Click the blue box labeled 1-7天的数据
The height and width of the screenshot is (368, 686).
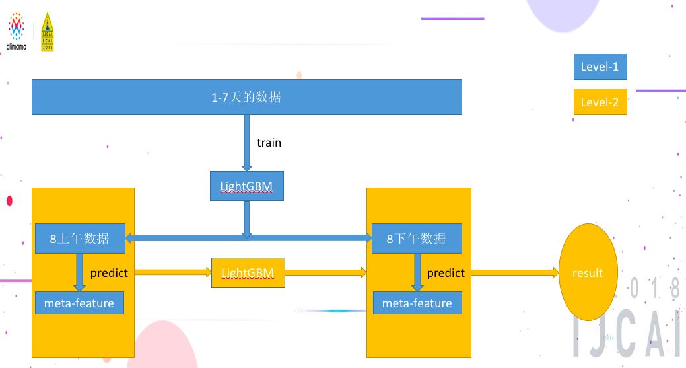(246, 97)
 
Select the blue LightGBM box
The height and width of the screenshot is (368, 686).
(247, 186)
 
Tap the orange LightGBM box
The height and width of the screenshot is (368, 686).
(248, 272)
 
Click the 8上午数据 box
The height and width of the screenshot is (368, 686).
(80, 239)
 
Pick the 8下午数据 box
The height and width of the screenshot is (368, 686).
(416, 239)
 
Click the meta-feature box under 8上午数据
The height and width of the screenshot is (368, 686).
(79, 303)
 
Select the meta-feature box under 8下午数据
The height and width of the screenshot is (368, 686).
(417, 303)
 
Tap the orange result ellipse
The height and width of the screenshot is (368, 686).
(588, 272)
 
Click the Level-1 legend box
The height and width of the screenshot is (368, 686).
(600, 66)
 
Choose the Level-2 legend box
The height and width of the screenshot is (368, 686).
(600, 102)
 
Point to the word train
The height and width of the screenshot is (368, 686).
(269, 142)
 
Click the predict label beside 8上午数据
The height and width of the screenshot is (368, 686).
(109, 272)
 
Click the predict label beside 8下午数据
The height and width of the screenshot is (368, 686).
(446, 272)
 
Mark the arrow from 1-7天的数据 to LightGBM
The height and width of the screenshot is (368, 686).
(247, 143)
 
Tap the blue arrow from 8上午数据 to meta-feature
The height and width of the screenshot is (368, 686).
(80, 272)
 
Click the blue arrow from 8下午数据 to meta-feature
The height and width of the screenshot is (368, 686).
(417, 272)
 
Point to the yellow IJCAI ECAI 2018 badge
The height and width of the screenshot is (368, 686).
(48, 32)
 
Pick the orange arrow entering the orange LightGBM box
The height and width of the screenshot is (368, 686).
(173, 272)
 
